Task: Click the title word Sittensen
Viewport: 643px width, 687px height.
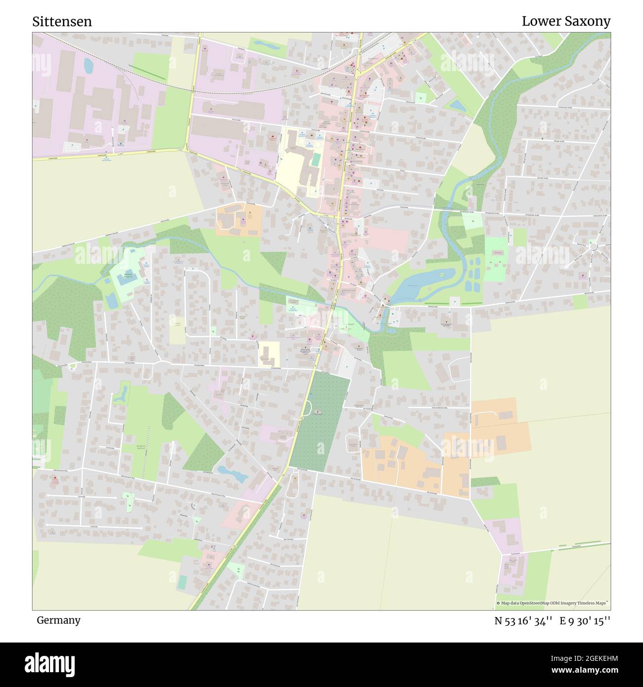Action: [x=62, y=22]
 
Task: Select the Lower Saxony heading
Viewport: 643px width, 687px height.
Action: [x=566, y=21]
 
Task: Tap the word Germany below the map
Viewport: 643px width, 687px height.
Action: [x=58, y=620]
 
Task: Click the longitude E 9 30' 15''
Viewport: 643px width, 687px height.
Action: [x=585, y=621]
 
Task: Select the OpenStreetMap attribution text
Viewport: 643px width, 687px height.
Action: [x=552, y=603]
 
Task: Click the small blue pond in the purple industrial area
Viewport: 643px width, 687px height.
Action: [x=88, y=65]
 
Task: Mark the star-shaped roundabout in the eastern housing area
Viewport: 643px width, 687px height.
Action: [x=594, y=245]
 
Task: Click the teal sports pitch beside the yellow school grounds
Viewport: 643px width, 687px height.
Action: [x=316, y=160]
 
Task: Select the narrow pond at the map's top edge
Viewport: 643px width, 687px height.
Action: [x=266, y=45]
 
